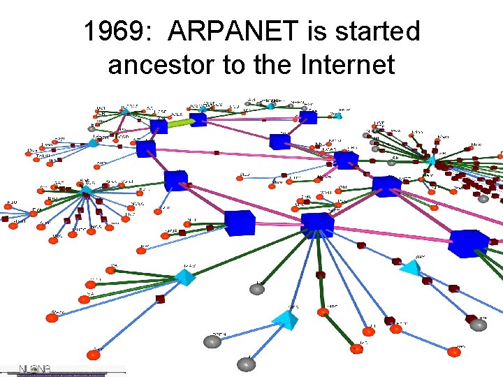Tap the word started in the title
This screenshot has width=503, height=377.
coord(380,31)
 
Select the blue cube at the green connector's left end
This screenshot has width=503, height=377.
coord(159,126)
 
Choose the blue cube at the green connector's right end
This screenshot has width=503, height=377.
coord(200,119)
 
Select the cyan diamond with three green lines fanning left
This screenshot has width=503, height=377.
coord(185,276)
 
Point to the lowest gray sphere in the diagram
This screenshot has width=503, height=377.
coord(246,363)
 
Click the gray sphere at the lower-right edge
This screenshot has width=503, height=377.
coord(478,325)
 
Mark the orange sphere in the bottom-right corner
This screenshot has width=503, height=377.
coord(454,351)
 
